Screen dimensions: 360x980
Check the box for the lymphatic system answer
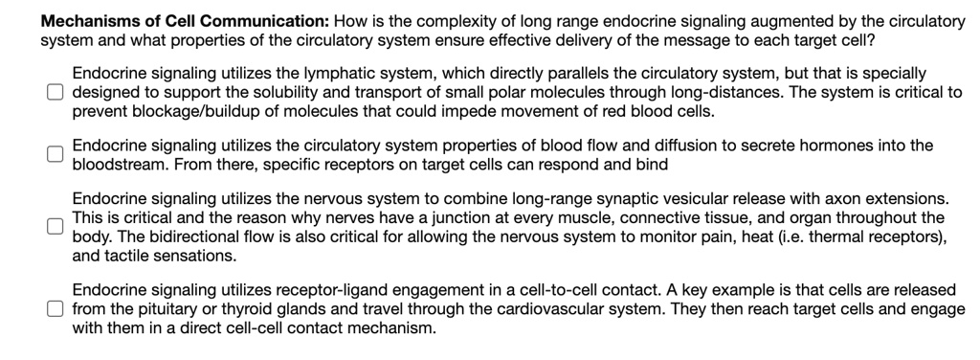pyautogui.click(x=56, y=92)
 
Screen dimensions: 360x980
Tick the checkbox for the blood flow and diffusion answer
pyautogui.click(x=56, y=155)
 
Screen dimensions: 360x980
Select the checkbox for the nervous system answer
pyautogui.click(x=56, y=226)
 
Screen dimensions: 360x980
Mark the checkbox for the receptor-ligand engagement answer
pyautogui.click(x=56, y=308)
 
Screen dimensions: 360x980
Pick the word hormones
pyautogui.click(x=822, y=146)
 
